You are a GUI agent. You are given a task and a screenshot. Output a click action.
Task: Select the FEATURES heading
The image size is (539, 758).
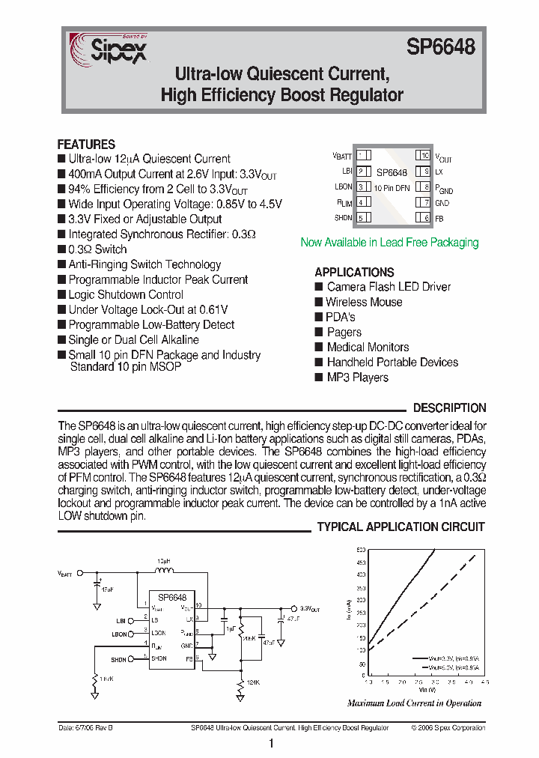pos(86,145)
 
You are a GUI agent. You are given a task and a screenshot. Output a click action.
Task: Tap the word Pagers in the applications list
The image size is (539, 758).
pos(344,333)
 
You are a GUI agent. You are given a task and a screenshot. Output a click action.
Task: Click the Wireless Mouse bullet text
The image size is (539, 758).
pos(364,303)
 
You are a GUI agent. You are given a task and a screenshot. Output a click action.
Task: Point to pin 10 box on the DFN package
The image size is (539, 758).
pos(424,156)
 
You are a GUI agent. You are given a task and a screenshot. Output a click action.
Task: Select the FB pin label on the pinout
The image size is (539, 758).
pos(439,218)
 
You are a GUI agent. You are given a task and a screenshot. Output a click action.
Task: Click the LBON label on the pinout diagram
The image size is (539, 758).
pos(344,187)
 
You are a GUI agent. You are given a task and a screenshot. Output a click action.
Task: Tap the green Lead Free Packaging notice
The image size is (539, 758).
pos(389,243)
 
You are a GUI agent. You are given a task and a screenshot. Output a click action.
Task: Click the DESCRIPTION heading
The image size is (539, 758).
pos(449,408)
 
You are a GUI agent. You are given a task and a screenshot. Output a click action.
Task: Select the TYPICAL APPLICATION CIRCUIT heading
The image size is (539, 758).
pos(401,527)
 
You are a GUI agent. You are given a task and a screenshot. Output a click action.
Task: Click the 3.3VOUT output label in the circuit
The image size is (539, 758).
pos(310,609)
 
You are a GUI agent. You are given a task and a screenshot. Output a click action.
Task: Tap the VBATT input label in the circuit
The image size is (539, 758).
pos(66,574)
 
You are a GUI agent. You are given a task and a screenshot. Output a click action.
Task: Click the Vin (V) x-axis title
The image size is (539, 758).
pos(427,690)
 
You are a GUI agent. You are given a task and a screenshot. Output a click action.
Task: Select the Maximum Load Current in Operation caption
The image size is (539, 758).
pos(414,703)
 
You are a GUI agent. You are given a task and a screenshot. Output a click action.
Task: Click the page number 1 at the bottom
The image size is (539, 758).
pos(270,744)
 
